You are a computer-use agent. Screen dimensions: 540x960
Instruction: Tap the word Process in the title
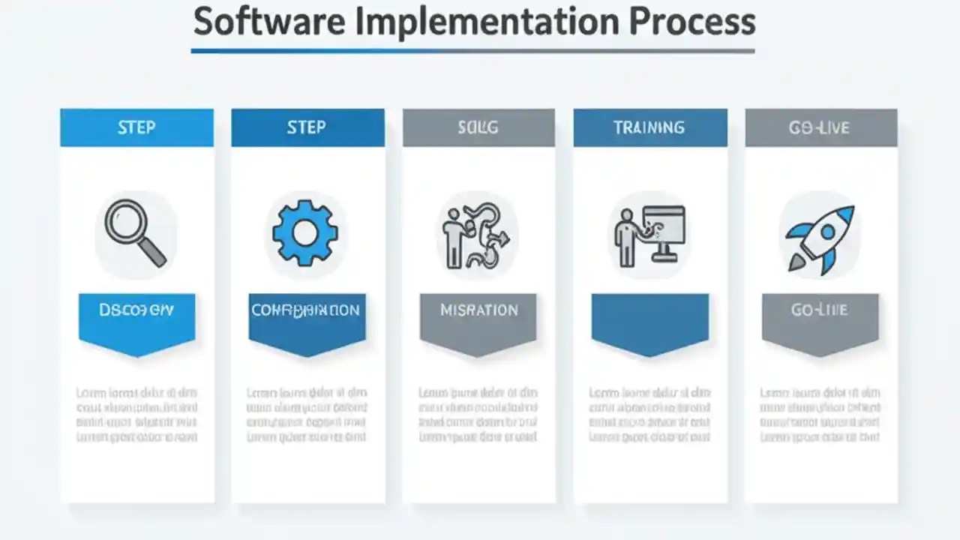tap(692, 22)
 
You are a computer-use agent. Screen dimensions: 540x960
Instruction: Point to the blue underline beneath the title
tap(472, 51)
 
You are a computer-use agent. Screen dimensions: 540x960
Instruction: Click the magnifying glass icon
tap(135, 232)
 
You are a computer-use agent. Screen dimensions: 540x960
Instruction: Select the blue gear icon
tap(305, 232)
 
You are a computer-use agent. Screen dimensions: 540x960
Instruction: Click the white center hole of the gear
tap(305, 232)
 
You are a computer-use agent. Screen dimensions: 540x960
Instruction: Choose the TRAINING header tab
tap(649, 127)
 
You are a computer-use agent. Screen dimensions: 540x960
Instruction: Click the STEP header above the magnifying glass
tap(136, 127)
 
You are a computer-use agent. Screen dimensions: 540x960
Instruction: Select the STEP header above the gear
tap(307, 127)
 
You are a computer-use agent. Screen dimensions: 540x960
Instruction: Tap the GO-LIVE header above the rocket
tap(820, 127)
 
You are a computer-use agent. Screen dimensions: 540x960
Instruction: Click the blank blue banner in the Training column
tap(649, 318)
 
